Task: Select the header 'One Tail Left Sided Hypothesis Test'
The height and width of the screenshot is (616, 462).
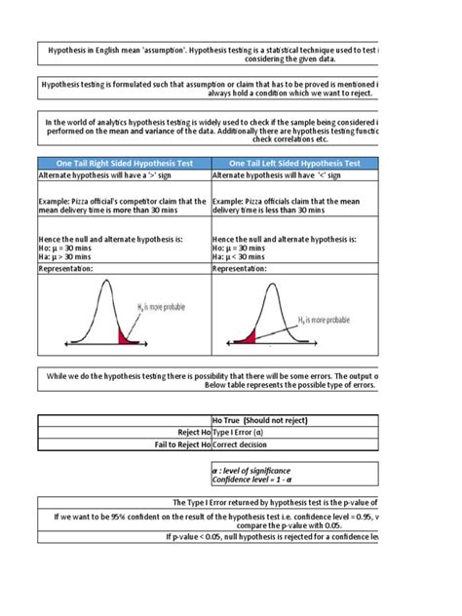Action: (x=293, y=163)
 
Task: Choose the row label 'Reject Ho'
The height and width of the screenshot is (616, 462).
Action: (x=192, y=431)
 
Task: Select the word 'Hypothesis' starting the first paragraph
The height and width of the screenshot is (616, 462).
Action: (x=70, y=49)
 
